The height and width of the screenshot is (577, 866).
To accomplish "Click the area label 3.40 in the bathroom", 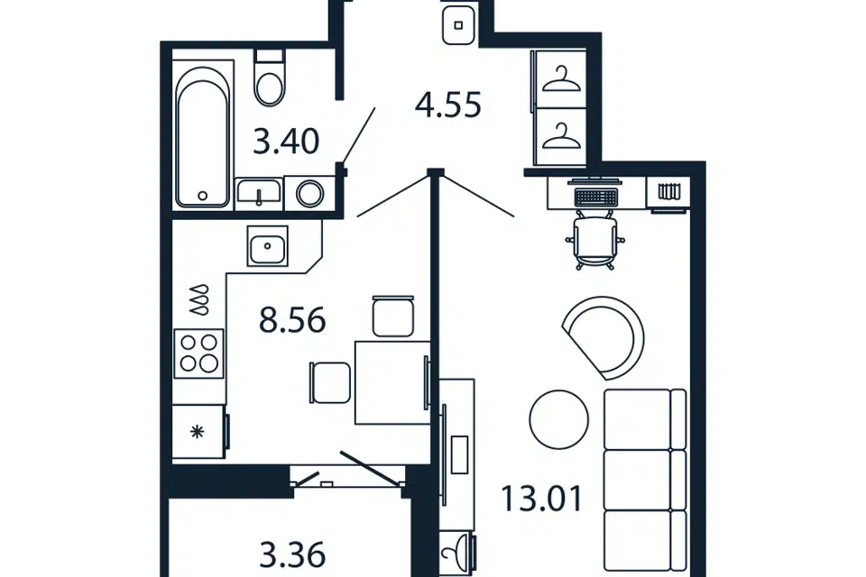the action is [286, 141].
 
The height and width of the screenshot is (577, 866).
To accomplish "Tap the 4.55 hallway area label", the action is [448, 105].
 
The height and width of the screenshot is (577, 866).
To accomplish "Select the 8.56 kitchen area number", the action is [292, 320].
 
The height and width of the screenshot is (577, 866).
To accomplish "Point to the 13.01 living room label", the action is [541, 498].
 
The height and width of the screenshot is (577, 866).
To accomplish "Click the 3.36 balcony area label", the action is [292, 555].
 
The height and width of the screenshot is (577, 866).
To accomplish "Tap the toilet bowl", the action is [270, 78].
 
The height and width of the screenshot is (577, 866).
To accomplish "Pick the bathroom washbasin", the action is [259, 193].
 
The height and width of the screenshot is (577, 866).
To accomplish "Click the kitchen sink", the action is [267, 246].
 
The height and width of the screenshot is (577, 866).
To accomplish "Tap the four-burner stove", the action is [198, 353].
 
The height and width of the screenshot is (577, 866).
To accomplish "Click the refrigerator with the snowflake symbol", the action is [199, 432].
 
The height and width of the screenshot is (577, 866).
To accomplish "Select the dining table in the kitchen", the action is [392, 382].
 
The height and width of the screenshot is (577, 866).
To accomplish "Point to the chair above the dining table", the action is [393, 316].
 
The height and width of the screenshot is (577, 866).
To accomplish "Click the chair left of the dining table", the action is [330, 382].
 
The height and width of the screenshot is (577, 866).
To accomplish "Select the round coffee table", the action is [559, 419].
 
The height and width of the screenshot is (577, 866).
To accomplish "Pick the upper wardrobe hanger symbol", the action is [562, 79].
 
